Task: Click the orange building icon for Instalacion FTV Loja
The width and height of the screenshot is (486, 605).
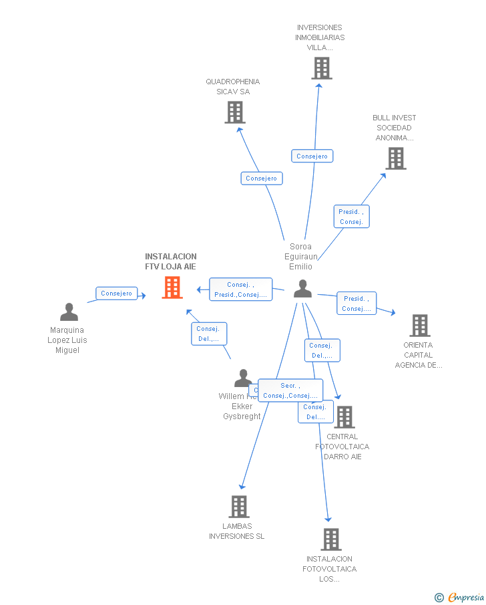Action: click(x=172, y=287)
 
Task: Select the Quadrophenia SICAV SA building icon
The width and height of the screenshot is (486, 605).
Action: click(x=234, y=112)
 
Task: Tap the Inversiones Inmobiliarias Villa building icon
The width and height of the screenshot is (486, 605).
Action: click(x=321, y=68)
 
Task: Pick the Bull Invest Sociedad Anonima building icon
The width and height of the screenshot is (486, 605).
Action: click(x=396, y=158)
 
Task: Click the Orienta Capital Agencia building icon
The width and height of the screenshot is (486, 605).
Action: click(x=419, y=326)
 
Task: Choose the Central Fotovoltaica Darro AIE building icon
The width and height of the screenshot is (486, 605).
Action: click(x=344, y=417)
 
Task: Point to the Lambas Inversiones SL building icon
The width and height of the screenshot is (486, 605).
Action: click(x=238, y=507)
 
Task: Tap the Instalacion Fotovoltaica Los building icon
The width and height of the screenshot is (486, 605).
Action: click(x=330, y=539)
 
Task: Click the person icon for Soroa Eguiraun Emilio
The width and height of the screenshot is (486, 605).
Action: click(x=302, y=289)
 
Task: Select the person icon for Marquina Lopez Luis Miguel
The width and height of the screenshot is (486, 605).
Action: click(x=69, y=312)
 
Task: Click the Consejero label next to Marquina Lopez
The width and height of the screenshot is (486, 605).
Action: click(x=117, y=293)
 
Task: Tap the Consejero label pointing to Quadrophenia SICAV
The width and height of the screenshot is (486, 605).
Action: click(x=262, y=178)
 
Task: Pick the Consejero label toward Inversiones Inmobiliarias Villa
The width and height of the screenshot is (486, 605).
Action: click(x=312, y=156)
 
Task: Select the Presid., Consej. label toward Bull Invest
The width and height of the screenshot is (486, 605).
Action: click(x=351, y=217)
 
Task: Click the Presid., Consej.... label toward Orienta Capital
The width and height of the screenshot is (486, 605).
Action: click(x=356, y=304)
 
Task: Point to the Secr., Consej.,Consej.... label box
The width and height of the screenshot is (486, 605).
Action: click(x=290, y=390)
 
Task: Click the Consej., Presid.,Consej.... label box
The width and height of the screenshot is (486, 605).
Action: click(x=240, y=289)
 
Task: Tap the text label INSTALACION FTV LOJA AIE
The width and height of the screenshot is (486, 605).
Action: click(x=171, y=261)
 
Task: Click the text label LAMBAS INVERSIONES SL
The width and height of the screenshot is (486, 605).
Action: click(x=237, y=531)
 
